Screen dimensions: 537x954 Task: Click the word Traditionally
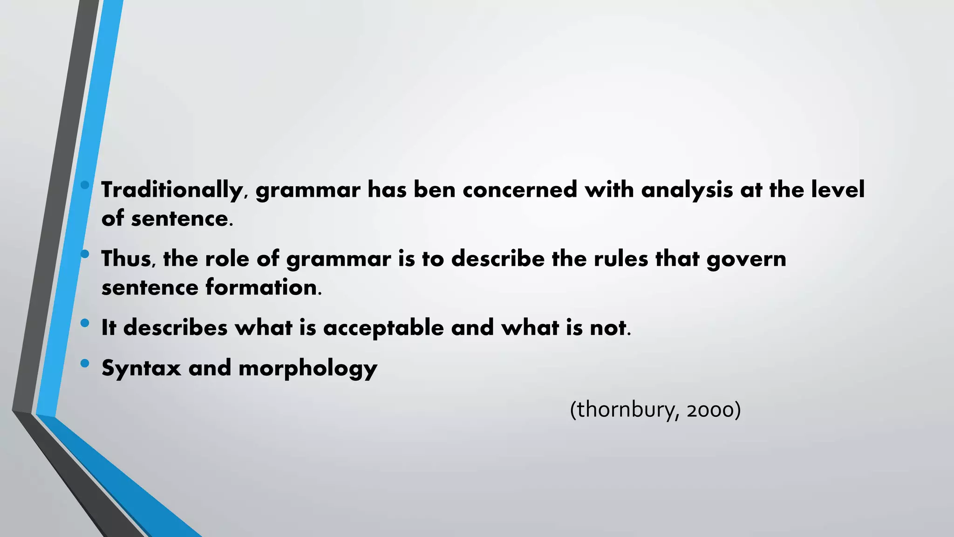(172, 190)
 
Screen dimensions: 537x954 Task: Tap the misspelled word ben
(435, 190)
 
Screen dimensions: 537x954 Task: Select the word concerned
(520, 190)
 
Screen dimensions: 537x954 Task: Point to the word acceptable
(383, 328)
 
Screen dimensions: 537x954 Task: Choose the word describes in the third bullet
(176, 328)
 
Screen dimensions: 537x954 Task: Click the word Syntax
(141, 368)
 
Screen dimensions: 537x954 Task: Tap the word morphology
(308, 369)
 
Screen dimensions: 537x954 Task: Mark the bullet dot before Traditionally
(84, 185)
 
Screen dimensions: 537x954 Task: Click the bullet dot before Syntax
(84, 363)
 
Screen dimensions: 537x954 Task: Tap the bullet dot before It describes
(84, 323)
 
